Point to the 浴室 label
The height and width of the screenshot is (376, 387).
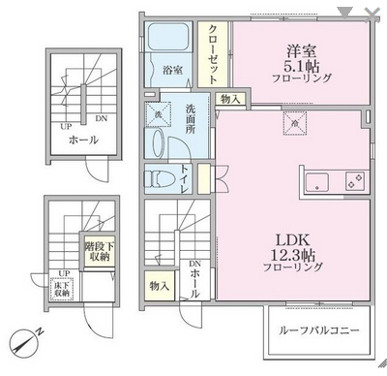tap(173, 70)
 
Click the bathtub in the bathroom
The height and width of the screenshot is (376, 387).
tap(174, 44)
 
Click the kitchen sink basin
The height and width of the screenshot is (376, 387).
tap(318, 182)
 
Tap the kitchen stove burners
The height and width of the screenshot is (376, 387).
tap(351, 182)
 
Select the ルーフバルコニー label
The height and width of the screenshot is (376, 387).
tap(318, 330)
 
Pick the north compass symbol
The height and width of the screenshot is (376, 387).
tap(24, 341)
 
